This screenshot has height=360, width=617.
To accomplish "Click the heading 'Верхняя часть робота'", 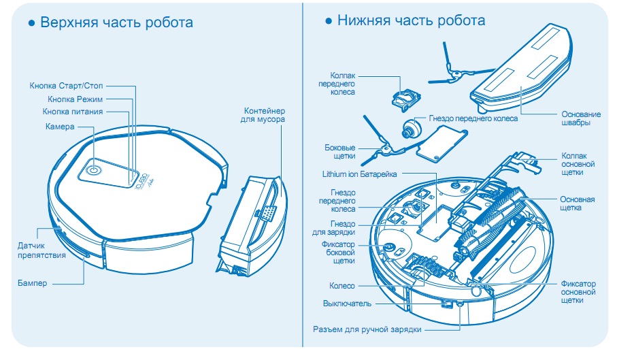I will [116, 22].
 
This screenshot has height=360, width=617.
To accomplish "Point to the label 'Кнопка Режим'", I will [76, 99].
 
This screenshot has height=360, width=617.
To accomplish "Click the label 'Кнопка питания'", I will [73, 112].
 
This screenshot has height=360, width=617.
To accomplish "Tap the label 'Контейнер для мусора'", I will [264, 115].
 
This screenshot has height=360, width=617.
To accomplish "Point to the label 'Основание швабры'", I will [580, 118].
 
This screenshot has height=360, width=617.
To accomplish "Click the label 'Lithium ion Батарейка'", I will [359, 174].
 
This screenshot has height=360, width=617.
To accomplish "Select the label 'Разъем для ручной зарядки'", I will [367, 329].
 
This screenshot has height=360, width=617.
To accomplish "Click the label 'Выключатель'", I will [347, 303].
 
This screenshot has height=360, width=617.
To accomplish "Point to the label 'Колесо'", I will [343, 286].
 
